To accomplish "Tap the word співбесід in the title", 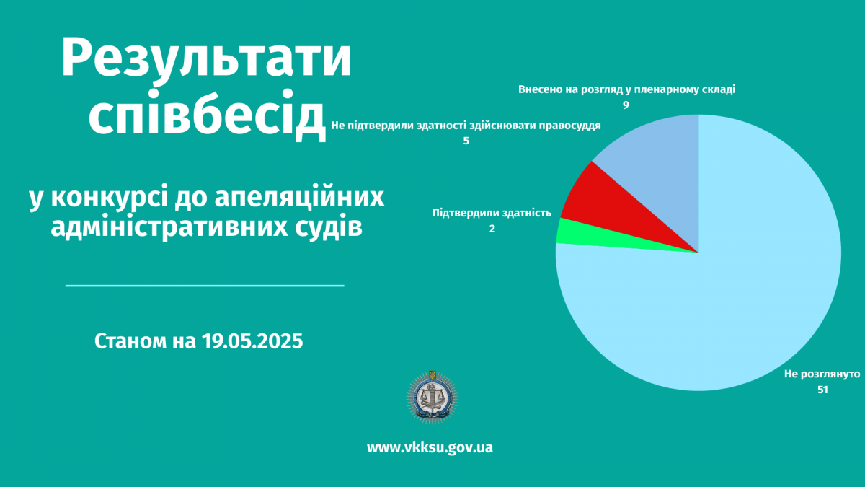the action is click(208, 115).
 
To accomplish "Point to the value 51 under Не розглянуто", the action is click(822, 390).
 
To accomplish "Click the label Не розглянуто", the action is click(822, 374).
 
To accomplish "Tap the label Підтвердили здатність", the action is click(492, 213).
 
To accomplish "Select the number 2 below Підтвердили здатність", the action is click(492, 229).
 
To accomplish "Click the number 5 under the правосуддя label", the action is click(466, 141).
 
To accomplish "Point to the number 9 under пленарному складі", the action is click(626, 105).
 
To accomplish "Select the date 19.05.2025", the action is click(252, 341).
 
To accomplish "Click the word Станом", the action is click(130, 341).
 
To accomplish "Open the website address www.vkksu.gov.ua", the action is click(430, 447).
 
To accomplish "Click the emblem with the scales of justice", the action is click(432, 397).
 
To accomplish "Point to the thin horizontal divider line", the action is click(205, 286).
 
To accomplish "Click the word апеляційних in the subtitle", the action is click(299, 198).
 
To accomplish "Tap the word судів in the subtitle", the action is click(329, 227).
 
